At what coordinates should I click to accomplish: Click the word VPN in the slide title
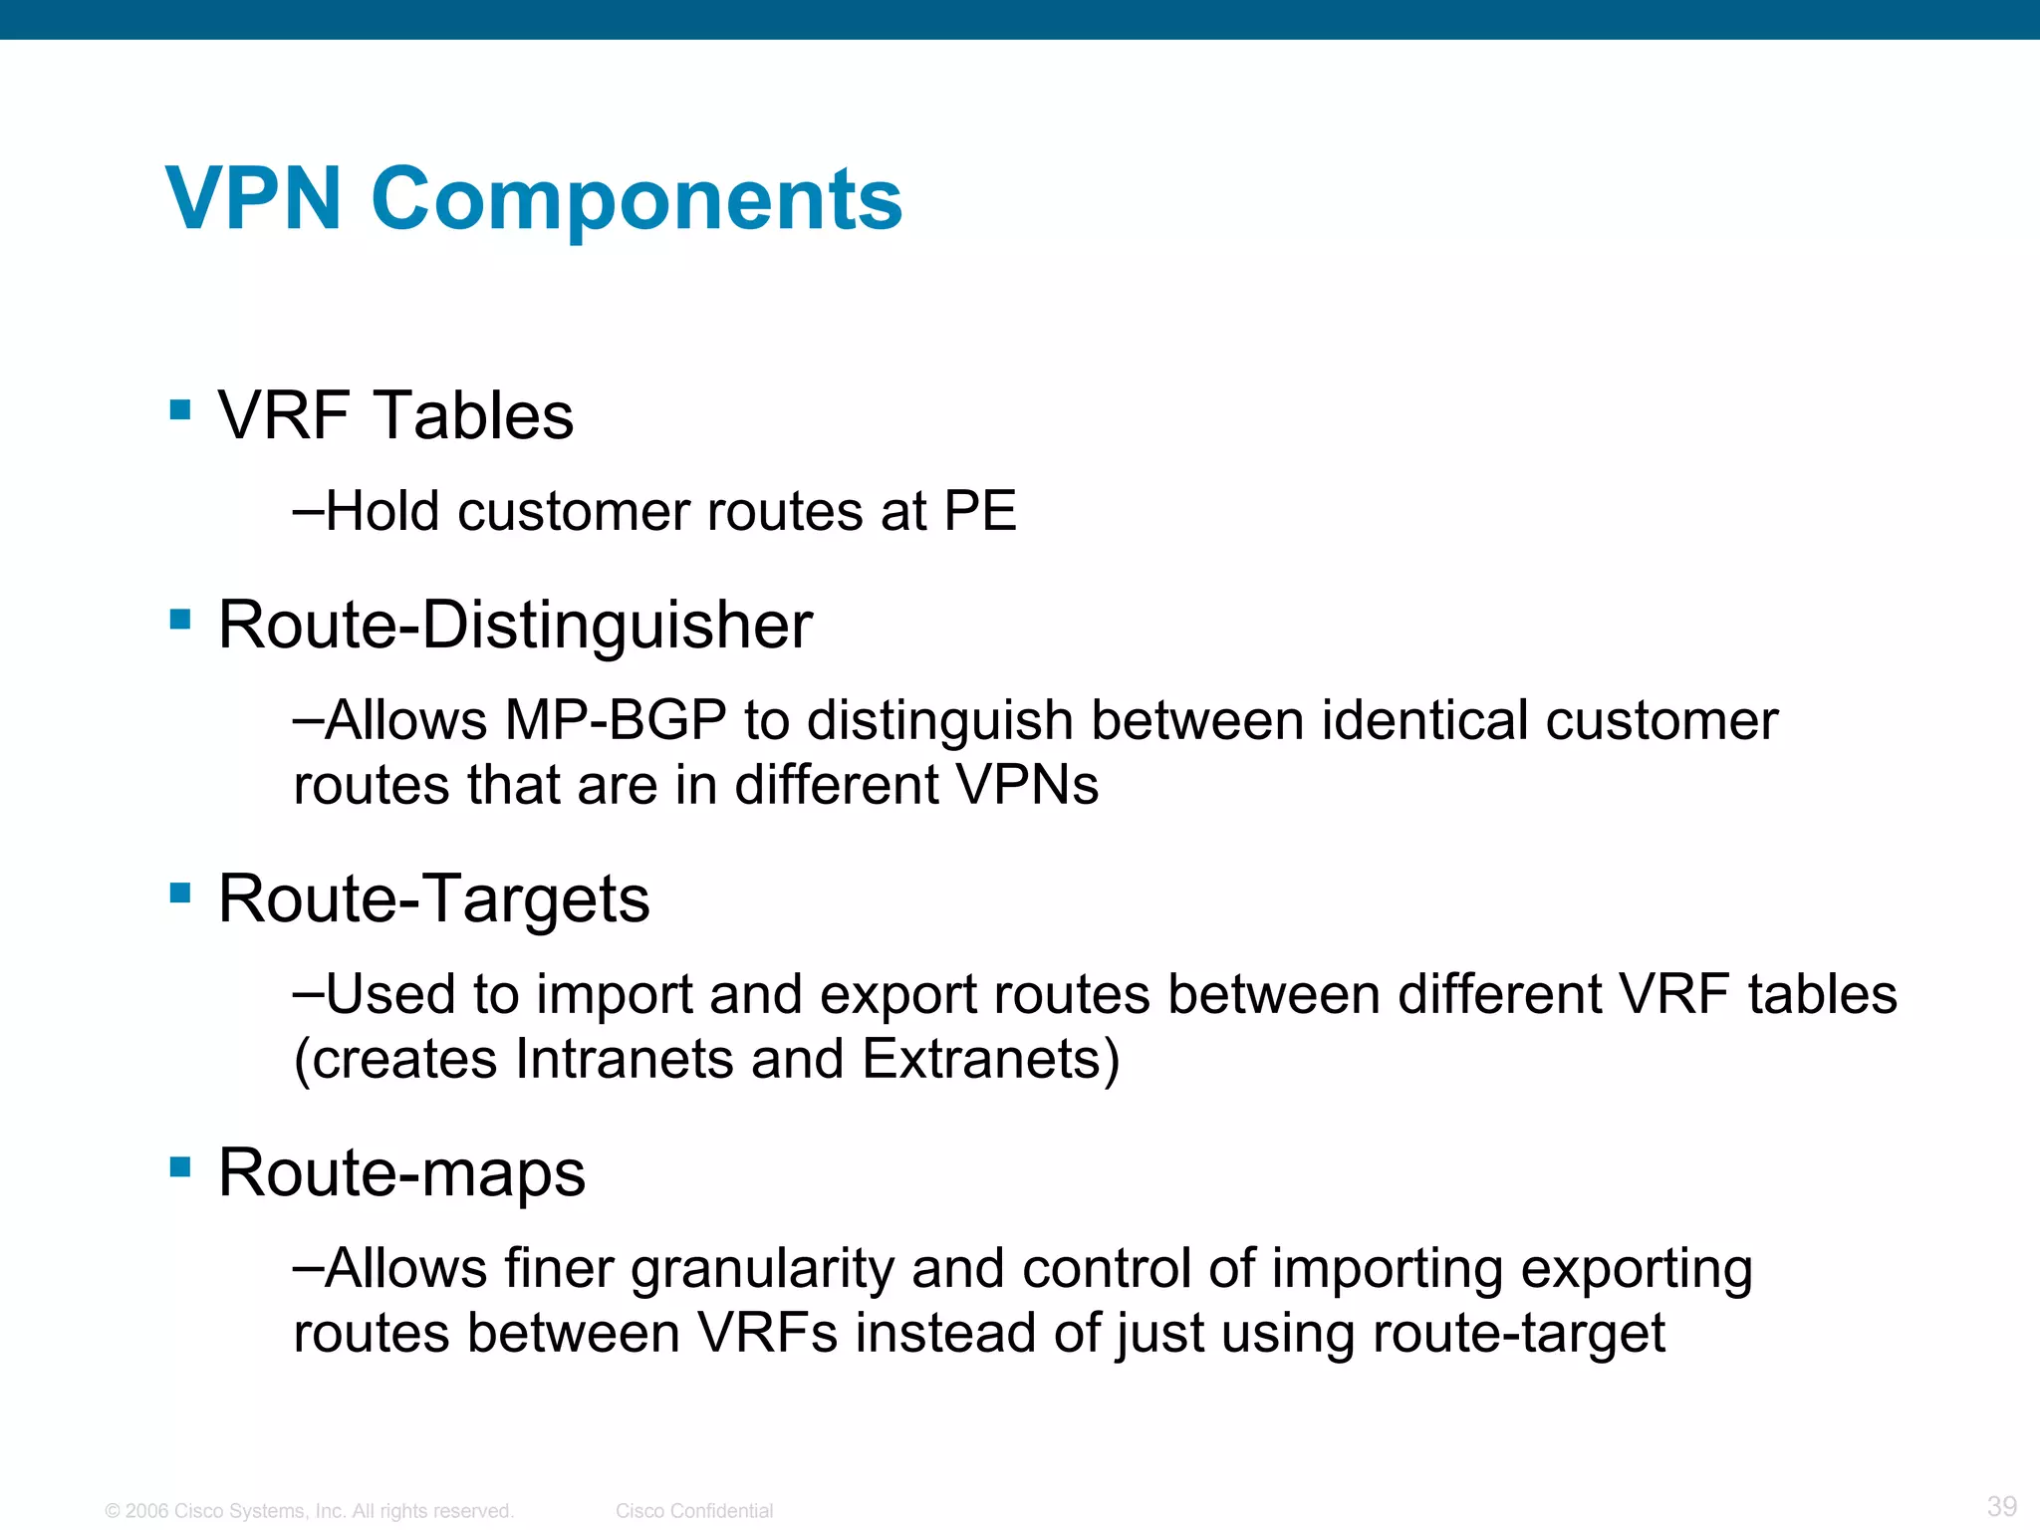(x=254, y=199)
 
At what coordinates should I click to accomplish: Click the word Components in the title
(x=637, y=199)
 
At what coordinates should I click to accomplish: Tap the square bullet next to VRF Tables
(x=180, y=410)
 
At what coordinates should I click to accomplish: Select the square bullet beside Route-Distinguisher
(x=180, y=620)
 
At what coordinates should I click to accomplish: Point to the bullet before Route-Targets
(x=180, y=892)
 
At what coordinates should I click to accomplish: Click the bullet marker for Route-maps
(x=180, y=1166)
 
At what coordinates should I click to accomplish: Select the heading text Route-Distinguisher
(x=515, y=626)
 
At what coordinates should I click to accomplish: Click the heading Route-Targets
(x=433, y=898)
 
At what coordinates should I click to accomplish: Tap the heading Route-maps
(x=401, y=1172)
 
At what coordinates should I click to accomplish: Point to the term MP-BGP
(x=615, y=720)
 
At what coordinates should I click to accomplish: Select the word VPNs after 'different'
(x=1027, y=785)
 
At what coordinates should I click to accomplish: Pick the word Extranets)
(x=990, y=1059)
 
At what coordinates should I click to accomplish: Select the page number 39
(x=2001, y=1506)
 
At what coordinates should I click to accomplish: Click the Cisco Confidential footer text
(x=693, y=1511)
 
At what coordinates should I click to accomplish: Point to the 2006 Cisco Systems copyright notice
(x=309, y=1511)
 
